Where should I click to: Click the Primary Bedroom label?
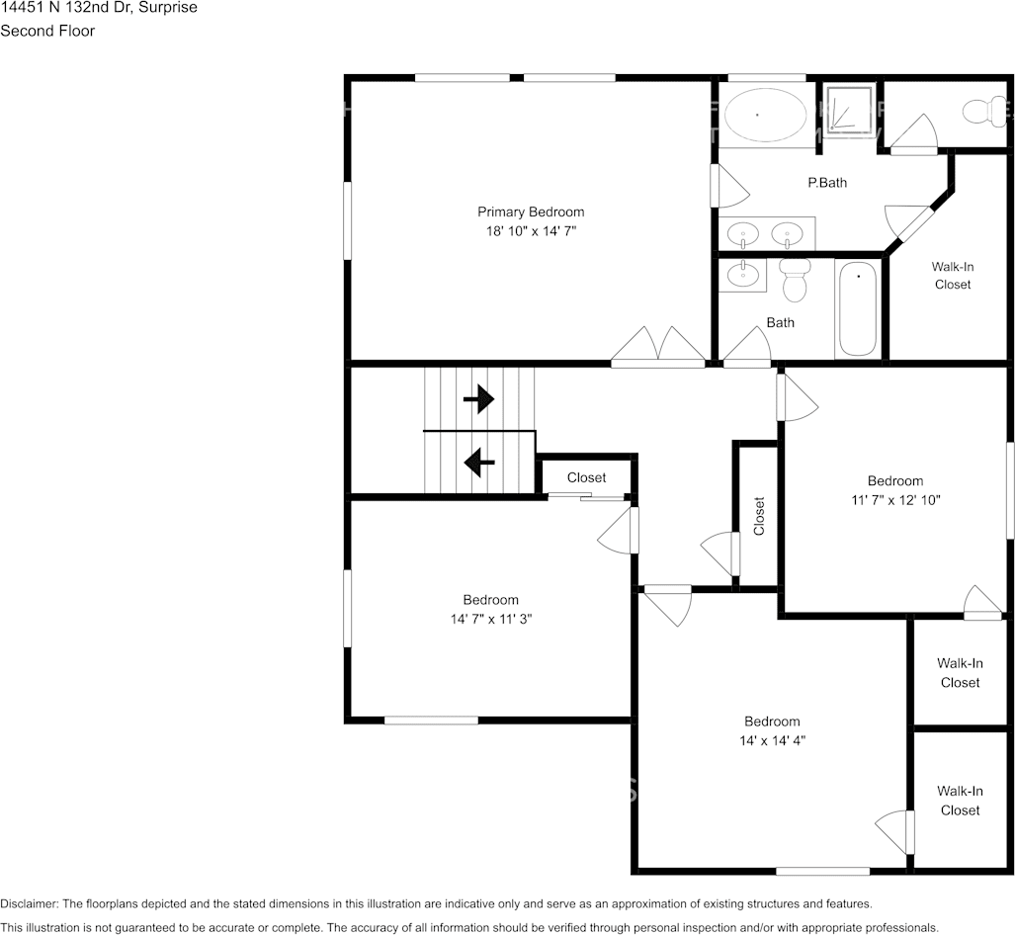coord(531,212)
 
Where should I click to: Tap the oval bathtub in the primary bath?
coord(765,116)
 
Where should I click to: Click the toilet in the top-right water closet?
coord(985,112)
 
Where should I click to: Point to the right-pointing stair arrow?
coord(479,399)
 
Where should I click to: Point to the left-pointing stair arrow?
coord(479,463)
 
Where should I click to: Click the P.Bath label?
coord(827,183)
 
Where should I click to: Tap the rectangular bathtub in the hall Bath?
coord(858,308)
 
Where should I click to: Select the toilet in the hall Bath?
coord(795,280)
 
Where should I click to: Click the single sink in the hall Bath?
coord(743,275)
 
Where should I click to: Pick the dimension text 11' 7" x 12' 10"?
coord(895,500)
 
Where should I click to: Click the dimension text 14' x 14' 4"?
coord(772,740)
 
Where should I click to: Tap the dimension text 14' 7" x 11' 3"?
coord(490,619)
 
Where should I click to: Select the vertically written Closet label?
coord(759,516)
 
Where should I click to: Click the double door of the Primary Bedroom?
coord(658,345)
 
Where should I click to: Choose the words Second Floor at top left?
coord(47,31)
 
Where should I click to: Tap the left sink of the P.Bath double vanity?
coord(742,233)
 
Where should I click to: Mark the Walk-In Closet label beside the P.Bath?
coord(953,275)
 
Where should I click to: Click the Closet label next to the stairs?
coord(586,477)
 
